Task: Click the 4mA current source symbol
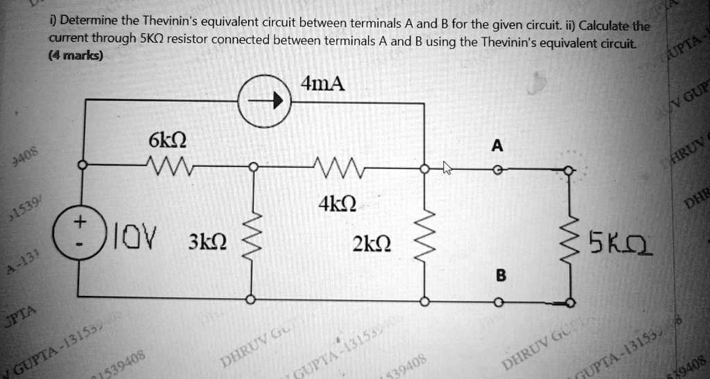tap(267, 101)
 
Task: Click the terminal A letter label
tap(496, 146)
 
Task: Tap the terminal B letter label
tap(498, 275)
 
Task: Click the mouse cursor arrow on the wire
tap(447, 168)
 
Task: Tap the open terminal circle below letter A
tap(497, 168)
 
